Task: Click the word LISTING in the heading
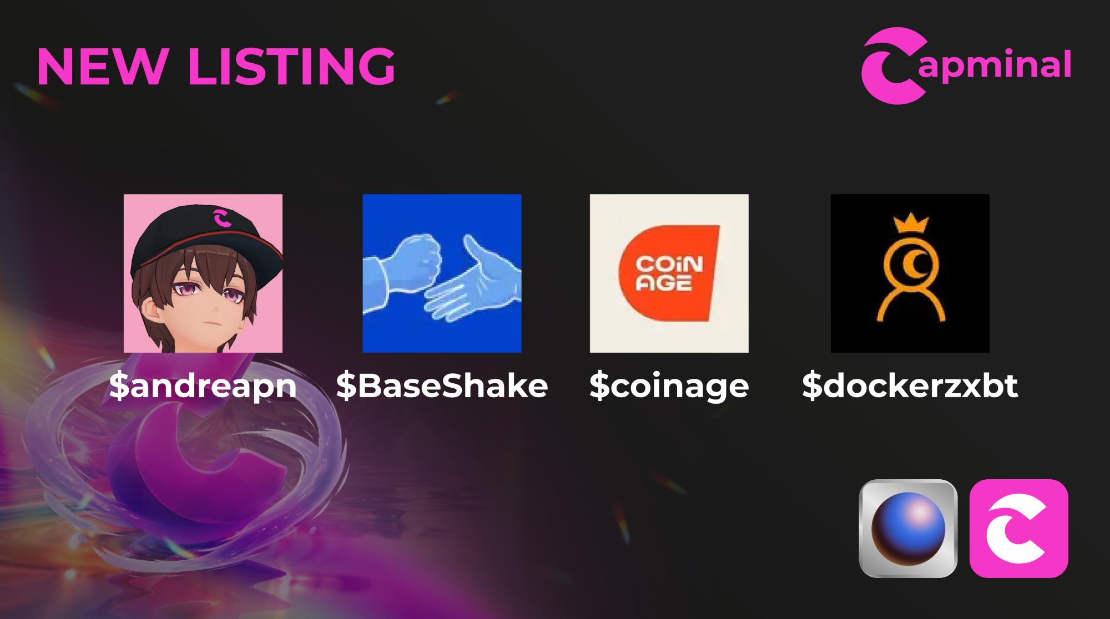(x=292, y=67)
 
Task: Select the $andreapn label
(x=203, y=386)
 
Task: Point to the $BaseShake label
(x=442, y=385)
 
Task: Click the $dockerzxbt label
(x=910, y=385)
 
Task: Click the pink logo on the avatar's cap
(x=222, y=218)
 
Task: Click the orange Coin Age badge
(x=669, y=273)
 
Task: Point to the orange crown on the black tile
(x=911, y=223)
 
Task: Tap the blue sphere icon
(x=908, y=529)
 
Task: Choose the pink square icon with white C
(x=1018, y=529)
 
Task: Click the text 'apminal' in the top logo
(x=995, y=65)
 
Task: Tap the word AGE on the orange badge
(x=664, y=283)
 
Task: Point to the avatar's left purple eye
(x=183, y=289)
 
